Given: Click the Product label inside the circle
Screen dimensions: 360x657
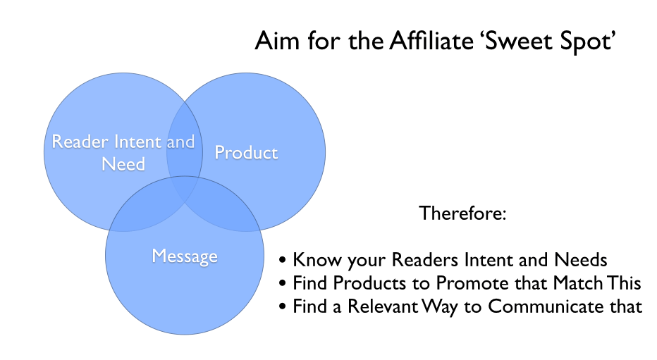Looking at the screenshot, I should coord(246,152).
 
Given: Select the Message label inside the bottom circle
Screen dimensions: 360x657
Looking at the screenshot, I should coord(185,255).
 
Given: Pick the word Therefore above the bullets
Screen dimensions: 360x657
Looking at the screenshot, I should coord(462,213).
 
